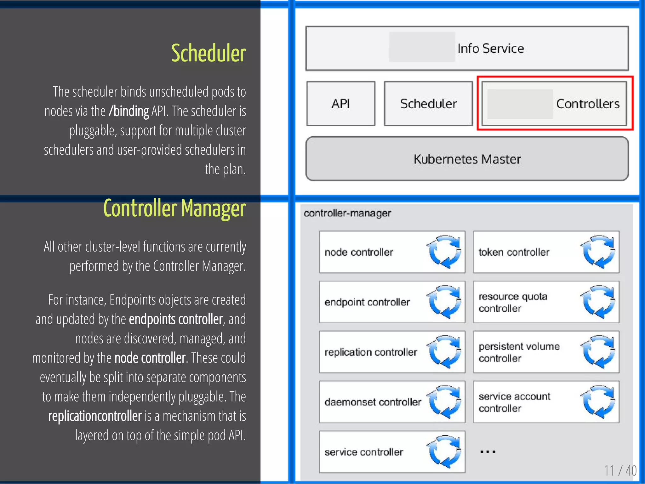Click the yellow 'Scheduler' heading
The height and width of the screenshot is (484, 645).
pos(208,53)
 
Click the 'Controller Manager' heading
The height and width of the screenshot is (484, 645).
pos(174,208)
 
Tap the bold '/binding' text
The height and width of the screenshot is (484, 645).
pos(128,111)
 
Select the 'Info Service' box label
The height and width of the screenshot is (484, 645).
pos(490,48)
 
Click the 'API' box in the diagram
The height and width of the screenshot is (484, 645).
pos(341,104)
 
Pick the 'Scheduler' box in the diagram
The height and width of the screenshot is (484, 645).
pos(428,104)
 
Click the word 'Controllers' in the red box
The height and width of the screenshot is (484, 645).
pos(588,104)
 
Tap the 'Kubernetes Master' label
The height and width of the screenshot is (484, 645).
pos(467,159)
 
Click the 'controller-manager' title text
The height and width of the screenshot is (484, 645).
pos(347,213)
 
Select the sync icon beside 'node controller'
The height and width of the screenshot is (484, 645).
pos(444,252)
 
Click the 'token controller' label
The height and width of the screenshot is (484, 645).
pos(514,252)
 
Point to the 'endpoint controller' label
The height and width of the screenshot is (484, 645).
pos(367,302)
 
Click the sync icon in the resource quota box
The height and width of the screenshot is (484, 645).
pos(598,302)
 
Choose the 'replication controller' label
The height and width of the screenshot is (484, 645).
pos(371,352)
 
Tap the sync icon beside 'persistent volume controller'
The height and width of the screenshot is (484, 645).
pos(598,352)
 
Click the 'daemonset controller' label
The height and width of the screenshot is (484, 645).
pos(373,402)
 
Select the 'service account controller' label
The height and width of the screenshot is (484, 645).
pos(514,402)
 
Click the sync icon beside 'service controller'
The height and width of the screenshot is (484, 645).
pos(444,452)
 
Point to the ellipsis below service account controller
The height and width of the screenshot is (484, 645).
pos(488,452)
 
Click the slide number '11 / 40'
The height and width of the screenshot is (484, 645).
pos(620,471)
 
